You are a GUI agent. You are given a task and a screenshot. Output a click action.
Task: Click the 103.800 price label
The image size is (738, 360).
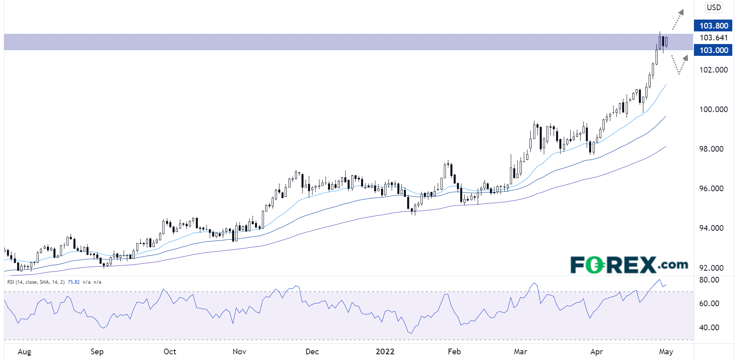(x=714, y=26)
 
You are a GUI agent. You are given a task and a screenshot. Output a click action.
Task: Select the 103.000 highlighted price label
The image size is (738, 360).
(x=714, y=50)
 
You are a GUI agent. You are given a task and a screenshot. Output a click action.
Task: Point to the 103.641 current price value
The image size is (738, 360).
(x=714, y=38)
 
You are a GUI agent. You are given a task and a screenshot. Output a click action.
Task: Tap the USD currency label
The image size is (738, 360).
(x=714, y=7)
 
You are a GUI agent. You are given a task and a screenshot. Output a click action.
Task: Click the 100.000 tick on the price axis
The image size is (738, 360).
(x=713, y=109)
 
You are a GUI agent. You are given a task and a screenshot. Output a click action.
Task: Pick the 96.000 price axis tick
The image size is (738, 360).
(x=711, y=188)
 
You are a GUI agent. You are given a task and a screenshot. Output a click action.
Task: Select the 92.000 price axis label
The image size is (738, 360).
(x=711, y=268)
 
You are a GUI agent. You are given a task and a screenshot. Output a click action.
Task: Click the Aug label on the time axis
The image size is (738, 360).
(x=24, y=351)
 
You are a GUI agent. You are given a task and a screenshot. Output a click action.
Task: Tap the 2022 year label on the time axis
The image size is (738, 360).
(x=385, y=351)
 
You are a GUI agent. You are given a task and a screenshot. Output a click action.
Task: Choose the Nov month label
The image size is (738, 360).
(x=239, y=351)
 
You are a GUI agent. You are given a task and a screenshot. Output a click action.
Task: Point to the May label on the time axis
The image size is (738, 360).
(x=666, y=351)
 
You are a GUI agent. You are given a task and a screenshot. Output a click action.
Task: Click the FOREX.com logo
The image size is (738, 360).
(x=629, y=265)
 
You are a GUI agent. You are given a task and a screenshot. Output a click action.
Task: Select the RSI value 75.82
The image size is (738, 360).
(x=73, y=282)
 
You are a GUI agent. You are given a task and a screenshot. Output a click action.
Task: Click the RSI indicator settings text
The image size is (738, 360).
(x=36, y=282)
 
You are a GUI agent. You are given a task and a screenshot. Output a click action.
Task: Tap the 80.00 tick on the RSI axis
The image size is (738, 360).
(x=709, y=280)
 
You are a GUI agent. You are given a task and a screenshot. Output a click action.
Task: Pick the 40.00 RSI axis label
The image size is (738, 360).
(x=709, y=327)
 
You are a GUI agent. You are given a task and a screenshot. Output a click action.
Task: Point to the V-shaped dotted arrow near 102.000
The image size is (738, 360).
(x=679, y=64)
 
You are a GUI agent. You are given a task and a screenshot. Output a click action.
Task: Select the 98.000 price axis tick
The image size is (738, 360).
(x=711, y=149)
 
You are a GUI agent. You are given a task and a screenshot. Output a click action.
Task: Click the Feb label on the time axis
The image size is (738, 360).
(x=454, y=351)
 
